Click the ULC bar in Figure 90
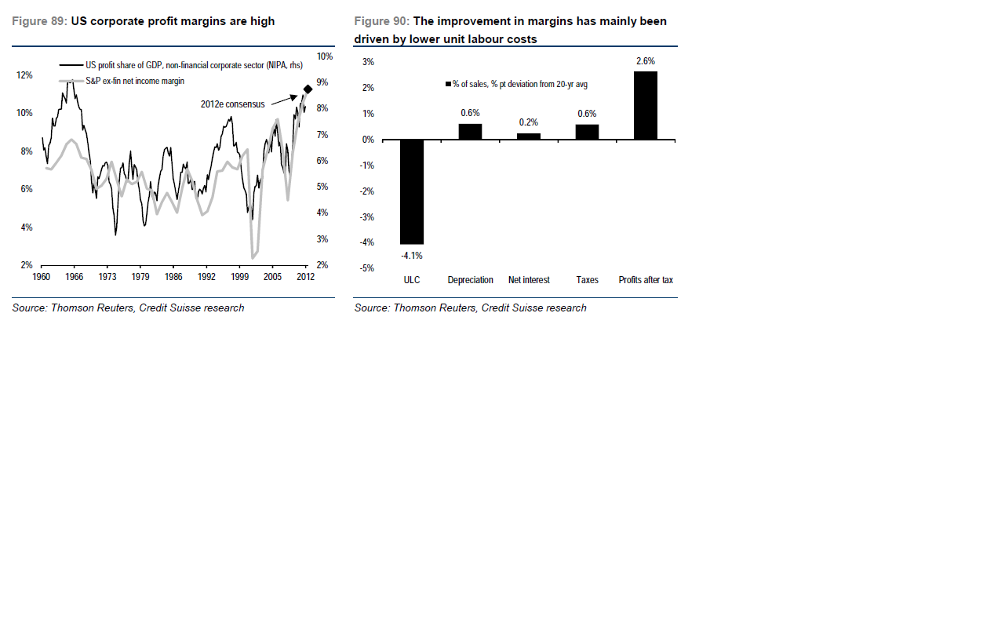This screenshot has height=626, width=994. [x=412, y=192]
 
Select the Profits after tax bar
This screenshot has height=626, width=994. [x=646, y=106]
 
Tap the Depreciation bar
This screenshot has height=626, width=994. [x=470, y=132]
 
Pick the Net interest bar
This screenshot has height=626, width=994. [x=529, y=136]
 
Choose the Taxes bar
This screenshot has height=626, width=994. [x=587, y=132]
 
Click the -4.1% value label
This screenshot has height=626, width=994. [x=412, y=255]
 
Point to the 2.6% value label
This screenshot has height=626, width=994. [x=646, y=61]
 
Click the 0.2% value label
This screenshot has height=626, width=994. [x=529, y=122]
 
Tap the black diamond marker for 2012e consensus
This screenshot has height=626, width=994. [x=308, y=89]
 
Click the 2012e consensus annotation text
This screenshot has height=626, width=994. [x=233, y=104]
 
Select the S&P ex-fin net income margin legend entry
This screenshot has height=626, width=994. [x=134, y=81]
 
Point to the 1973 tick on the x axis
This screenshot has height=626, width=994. [x=107, y=277]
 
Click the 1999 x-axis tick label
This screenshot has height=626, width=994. [x=239, y=277]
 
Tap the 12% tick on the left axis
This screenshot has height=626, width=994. [x=24, y=75]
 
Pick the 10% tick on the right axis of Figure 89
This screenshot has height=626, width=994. [x=324, y=56]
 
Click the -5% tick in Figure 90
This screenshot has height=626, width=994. [x=366, y=268]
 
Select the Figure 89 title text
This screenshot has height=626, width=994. [x=144, y=21]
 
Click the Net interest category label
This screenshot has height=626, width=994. [x=529, y=280]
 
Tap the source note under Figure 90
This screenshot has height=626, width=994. [x=470, y=308]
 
